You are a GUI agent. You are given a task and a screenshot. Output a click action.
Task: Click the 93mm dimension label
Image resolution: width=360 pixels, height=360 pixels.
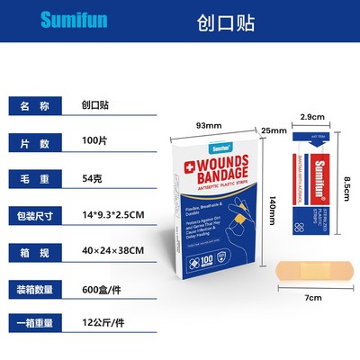209,125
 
